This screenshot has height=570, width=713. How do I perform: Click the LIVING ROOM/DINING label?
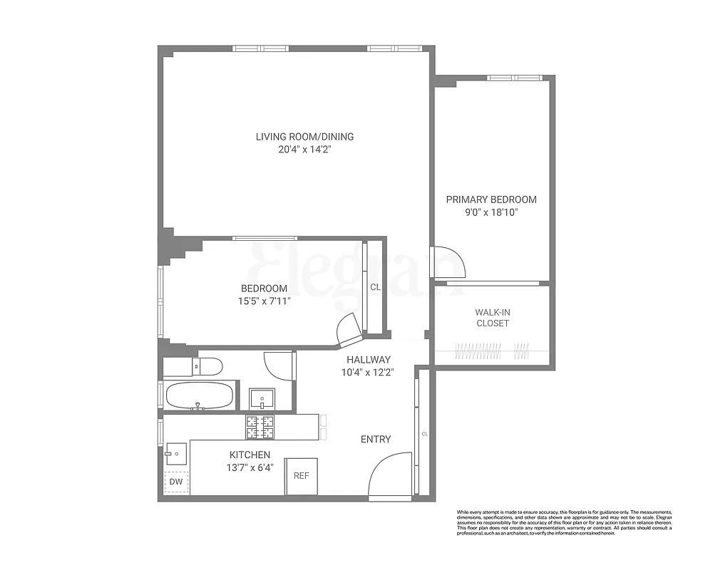pyautogui.click(x=304, y=137)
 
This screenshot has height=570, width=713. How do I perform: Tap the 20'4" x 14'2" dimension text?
pyautogui.click(x=304, y=150)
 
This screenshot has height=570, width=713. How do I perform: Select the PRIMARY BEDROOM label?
pyautogui.click(x=491, y=199)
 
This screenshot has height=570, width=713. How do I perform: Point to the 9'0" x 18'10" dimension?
pyautogui.click(x=491, y=212)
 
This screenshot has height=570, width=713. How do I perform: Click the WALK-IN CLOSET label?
pyautogui.click(x=492, y=318)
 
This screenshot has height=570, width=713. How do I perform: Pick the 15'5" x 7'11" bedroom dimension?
pyautogui.click(x=264, y=301)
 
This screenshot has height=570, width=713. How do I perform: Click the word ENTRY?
pyautogui.click(x=376, y=440)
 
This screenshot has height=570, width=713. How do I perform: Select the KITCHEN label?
pyautogui.click(x=249, y=455)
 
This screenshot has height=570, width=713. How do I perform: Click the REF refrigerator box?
pyautogui.click(x=302, y=476)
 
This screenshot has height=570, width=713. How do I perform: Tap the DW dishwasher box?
pyautogui.click(x=175, y=482)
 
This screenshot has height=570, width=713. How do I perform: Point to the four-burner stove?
pyautogui.click(x=260, y=427)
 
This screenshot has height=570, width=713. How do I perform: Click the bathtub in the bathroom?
pyautogui.click(x=199, y=395)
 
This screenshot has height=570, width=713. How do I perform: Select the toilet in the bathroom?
pyautogui.click(x=207, y=366)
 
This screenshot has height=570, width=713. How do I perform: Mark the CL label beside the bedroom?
pyautogui.click(x=375, y=288)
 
